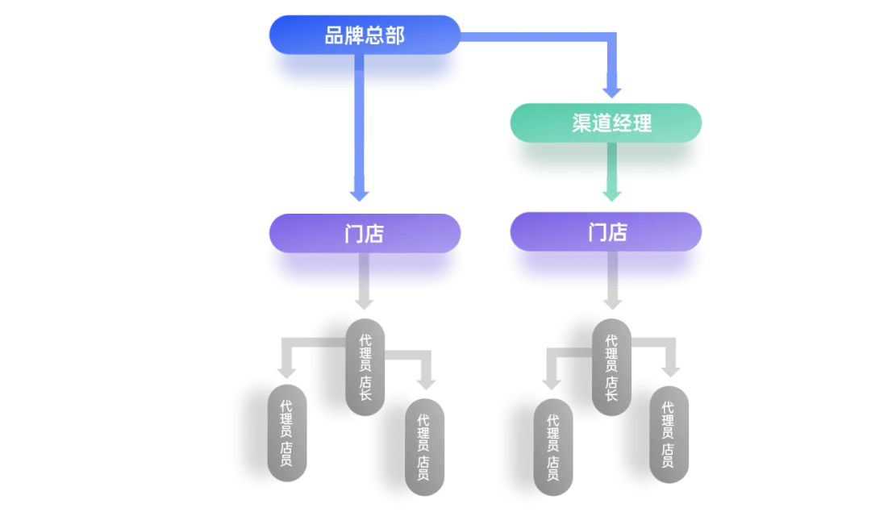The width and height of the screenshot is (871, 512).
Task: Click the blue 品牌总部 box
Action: click(x=365, y=35)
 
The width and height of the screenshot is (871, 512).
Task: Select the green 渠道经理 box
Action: click(x=606, y=123)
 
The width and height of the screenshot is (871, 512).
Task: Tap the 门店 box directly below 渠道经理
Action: click(x=606, y=233)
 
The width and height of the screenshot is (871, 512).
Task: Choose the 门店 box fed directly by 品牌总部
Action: click(x=365, y=234)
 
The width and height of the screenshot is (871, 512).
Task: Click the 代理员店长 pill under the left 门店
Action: click(x=365, y=367)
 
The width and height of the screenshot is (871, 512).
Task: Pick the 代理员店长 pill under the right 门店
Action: click(x=611, y=367)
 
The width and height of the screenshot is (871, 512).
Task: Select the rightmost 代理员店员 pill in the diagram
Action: click(x=669, y=435)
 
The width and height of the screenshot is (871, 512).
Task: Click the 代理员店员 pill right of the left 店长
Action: click(x=423, y=447)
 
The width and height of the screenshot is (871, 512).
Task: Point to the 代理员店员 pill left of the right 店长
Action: click(x=553, y=447)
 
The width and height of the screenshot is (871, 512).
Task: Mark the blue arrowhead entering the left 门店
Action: click(x=359, y=194)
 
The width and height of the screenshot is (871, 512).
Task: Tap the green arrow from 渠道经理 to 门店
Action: click(x=612, y=181)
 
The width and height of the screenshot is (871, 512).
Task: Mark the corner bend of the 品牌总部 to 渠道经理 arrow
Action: click(x=612, y=37)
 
